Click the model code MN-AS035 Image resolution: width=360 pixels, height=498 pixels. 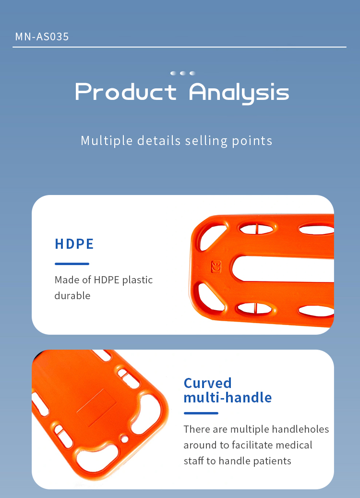click(x=42, y=37)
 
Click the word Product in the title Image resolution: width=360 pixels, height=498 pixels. click(x=126, y=92)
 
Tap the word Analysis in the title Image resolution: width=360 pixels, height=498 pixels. click(x=239, y=93)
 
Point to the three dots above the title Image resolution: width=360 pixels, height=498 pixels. click(x=182, y=73)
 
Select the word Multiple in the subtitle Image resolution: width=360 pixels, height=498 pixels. click(x=107, y=141)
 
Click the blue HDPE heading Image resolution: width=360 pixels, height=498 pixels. click(x=74, y=244)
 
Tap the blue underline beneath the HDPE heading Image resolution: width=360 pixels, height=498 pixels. click(x=72, y=264)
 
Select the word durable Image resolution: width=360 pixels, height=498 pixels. click(x=72, y=296)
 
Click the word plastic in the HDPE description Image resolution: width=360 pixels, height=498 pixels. click(x=137, y=280)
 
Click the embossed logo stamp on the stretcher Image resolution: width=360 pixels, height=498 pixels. click(x=216, y=267)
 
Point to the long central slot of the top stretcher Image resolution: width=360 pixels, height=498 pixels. click(x=283, y=268)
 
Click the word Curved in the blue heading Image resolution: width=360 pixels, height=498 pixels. click(x=208, y=383)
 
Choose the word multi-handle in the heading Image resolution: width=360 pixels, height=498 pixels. click(x=228, y=398)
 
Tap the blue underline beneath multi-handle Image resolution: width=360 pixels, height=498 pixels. click(x=201, y=413)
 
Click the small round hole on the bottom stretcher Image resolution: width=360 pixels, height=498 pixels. click(x=125, y=439)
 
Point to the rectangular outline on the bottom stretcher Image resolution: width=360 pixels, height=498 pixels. click(x=96, y=408)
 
